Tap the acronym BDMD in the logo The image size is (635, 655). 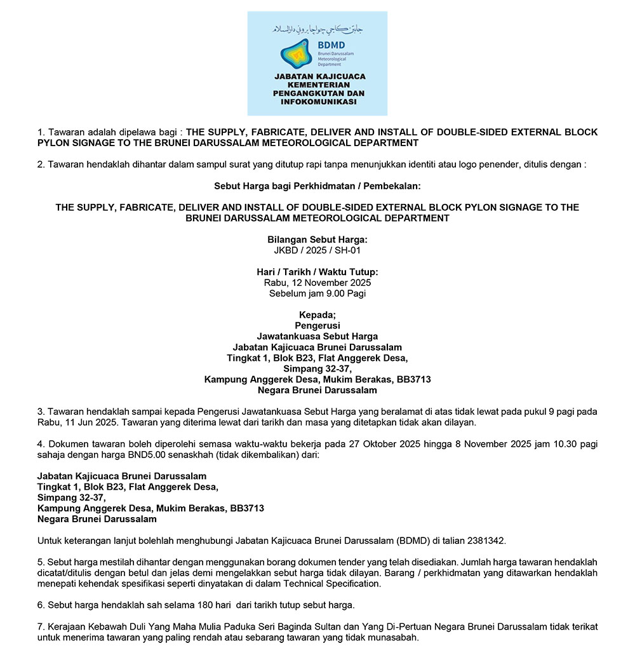pyautogui.click(x=332, y=44)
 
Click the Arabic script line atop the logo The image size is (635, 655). pyautogui.click(x=317, y=29)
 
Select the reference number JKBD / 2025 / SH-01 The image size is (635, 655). pyautogui.click(x=317, y=250)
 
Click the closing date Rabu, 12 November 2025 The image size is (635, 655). pyautogui.click(x=317, y=283)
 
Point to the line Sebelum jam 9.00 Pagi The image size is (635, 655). pyautogui.click(x=317, y=294)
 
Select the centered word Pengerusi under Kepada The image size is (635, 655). pyautogui.click(x=317, y=326)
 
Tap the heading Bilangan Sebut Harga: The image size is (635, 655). pyautogui.click(x=317, y=240)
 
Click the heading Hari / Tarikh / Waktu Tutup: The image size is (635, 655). pyautogui.click(x=317, y=272)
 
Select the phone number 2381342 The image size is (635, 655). pyautogui.click(x=486, y=541)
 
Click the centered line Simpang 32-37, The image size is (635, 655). pyautogui.click(x=317, y=368)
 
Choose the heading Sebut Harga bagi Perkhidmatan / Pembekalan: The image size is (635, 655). pyautogui.click(x=317, y=186)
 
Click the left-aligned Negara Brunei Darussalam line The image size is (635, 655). pyautogui.click(x=97, y=519)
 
